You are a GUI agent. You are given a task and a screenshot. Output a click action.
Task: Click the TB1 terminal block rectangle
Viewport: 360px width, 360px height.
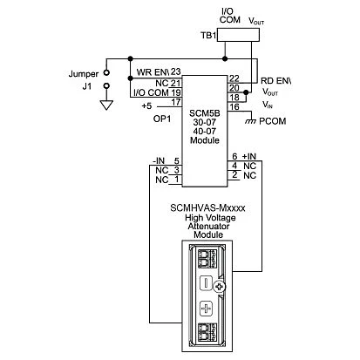pos(238,35)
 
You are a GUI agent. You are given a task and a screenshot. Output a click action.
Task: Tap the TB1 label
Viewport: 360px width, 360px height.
pos(208,36)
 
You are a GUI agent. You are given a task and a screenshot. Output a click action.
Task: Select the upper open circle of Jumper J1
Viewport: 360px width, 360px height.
pos(106,72)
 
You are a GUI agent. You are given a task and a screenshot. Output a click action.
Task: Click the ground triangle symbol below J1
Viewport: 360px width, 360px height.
pos(106,105)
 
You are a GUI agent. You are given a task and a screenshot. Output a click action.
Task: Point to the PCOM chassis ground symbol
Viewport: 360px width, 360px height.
pos(250,121)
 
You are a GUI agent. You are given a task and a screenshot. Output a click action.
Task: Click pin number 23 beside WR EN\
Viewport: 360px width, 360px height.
pos(175,71)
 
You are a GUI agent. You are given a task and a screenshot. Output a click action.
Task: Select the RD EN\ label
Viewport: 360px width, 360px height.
pos(275,81)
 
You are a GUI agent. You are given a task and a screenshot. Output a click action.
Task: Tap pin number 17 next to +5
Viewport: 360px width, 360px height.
pos(175,102)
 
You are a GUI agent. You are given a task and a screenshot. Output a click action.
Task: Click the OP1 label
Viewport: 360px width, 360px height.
pos(162,119)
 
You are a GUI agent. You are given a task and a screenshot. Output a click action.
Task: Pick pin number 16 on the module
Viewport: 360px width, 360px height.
pos(234,107)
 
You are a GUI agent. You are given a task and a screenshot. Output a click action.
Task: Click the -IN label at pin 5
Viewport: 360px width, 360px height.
pos(159,160)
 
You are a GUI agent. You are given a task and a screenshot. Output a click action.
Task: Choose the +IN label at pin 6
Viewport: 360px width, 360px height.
pos(249,156)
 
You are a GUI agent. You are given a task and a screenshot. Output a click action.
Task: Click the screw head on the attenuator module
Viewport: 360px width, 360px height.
pos(220,288)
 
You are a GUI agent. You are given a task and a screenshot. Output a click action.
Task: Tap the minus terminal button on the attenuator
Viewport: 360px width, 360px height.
pos(206,282)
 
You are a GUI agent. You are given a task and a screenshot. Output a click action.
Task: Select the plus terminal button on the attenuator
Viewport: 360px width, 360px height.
pos(206,309)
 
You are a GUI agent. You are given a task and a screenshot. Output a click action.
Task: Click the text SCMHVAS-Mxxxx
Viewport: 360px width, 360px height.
pos(207,208)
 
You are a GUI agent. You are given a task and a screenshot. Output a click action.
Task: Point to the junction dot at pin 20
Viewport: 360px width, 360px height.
pos(246,92)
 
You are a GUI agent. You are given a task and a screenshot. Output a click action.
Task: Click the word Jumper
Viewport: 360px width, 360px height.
pos(84,74)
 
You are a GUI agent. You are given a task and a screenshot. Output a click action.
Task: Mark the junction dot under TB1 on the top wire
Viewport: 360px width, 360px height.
pos(225,59)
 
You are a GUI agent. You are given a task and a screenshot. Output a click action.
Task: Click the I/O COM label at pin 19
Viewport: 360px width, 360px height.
pos(151,92)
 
